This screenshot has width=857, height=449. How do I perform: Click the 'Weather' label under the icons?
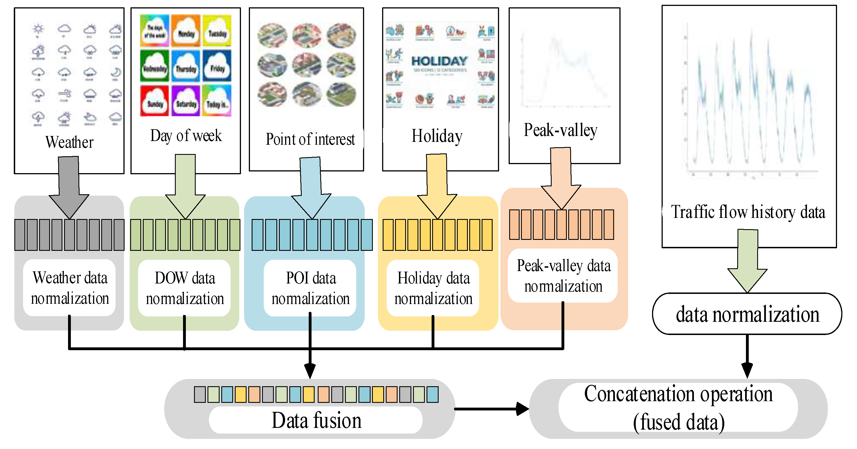coord(69,142)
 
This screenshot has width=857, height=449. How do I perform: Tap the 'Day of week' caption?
coord(186,136)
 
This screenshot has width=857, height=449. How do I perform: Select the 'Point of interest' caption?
coord(310,139)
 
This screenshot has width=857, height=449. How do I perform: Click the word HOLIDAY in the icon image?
coord(439,61)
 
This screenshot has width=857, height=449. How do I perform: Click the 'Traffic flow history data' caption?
coord(748,212)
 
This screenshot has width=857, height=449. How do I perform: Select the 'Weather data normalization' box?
coord(69,288)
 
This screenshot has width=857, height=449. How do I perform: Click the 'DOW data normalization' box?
coord(185,288)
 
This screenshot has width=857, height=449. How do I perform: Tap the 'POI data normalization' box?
coord(310,288)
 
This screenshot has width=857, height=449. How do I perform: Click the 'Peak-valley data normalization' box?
coord(563,276)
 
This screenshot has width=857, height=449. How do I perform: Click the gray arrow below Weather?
coord(69,187)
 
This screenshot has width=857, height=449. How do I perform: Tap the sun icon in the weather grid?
coord(38,29)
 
